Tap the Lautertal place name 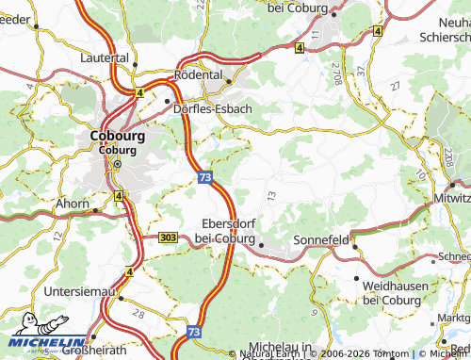point(105,57)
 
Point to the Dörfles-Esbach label point(214,108)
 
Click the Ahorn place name point(73,203)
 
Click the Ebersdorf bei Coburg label point(231,231)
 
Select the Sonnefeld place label point(322,240)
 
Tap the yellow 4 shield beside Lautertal point(138,92)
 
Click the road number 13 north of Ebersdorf point(271,195)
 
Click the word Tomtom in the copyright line point(394,353)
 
